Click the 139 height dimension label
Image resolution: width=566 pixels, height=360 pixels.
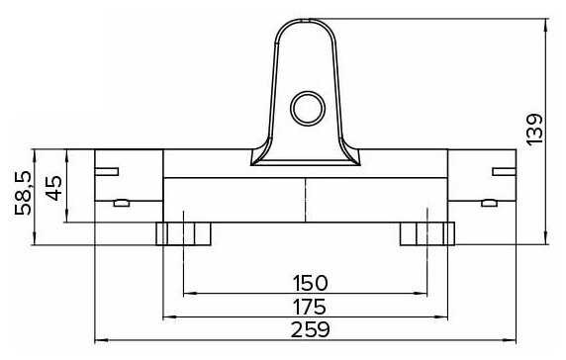pyautogui.click(x=534, y=130)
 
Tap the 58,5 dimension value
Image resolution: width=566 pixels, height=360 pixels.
pyautogui.click(x=24, y=193)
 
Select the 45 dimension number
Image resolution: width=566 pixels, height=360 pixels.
pyautogui.click(x=53, y=188)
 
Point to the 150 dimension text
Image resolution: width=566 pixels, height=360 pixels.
pyautogui.click(x=310, y=283)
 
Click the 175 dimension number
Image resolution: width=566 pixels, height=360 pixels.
pyautogui.click(x=310, y=307)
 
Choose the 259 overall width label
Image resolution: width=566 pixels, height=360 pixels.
pyautogui.click(x=310, y=329)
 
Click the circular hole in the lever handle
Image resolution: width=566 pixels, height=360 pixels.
pyautogui.click(x=308, y=108)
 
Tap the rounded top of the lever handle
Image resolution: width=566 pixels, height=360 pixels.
pyautogui.click(x=306, y=20)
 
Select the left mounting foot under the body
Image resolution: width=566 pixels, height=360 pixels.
pyautogui.click(x=183, y=233)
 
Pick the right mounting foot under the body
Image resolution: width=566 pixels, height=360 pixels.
pyautogui.click(x=427, y=233)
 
